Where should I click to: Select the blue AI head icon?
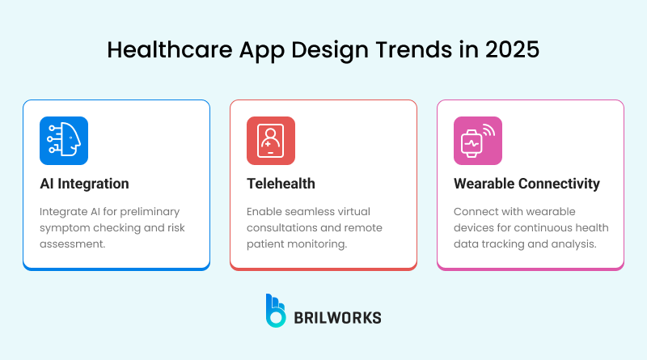coord(63,141)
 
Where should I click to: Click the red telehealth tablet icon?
coord(270,141)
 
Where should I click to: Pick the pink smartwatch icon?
coord(477,141)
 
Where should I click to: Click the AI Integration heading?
coord(84,184)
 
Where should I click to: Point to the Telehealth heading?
coord(282,184)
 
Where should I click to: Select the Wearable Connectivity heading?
coord(526,184)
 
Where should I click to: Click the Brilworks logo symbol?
coord(276,311)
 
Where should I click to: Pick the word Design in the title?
coord(329,49)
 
